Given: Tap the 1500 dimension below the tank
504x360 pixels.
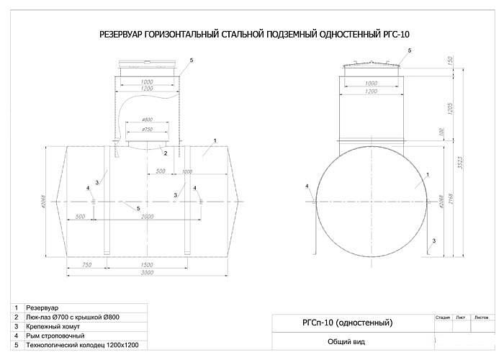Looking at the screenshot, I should pos(146,264).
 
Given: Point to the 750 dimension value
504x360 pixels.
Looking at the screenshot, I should pos(87,264).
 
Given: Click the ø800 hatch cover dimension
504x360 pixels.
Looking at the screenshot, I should pos(147,120).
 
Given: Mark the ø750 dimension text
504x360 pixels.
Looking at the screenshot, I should pos(147,130).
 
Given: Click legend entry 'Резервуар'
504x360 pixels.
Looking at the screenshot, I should pos(42,307).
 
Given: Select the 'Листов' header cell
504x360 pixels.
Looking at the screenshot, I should pos(482,315).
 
